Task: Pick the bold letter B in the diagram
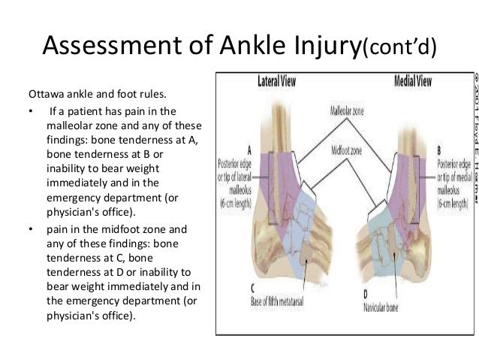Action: tap(439, 150)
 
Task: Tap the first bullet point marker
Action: tap(32, 113)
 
